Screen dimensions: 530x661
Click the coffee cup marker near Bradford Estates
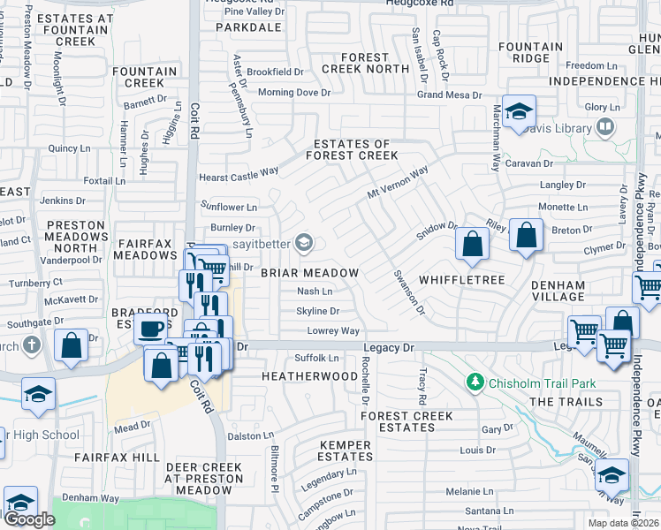tap(149, 330)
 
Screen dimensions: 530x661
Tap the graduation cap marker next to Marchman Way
tap(520, 111)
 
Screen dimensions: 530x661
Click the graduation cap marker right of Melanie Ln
tap(612, 477)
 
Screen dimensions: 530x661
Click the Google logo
tap(29, 519)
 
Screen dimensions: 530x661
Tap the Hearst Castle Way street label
tap(239, 174)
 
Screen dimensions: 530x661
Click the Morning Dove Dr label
tap(294, 92)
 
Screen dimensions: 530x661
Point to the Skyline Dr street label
tap(317, 311)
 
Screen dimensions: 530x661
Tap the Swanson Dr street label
tap(409, 293)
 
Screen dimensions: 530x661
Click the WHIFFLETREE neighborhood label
tap(461, 280)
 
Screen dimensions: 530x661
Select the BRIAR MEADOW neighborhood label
tap(309, 273)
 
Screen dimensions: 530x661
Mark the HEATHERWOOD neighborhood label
tap(309, 375)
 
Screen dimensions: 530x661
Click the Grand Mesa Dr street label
tap(449, 95)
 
